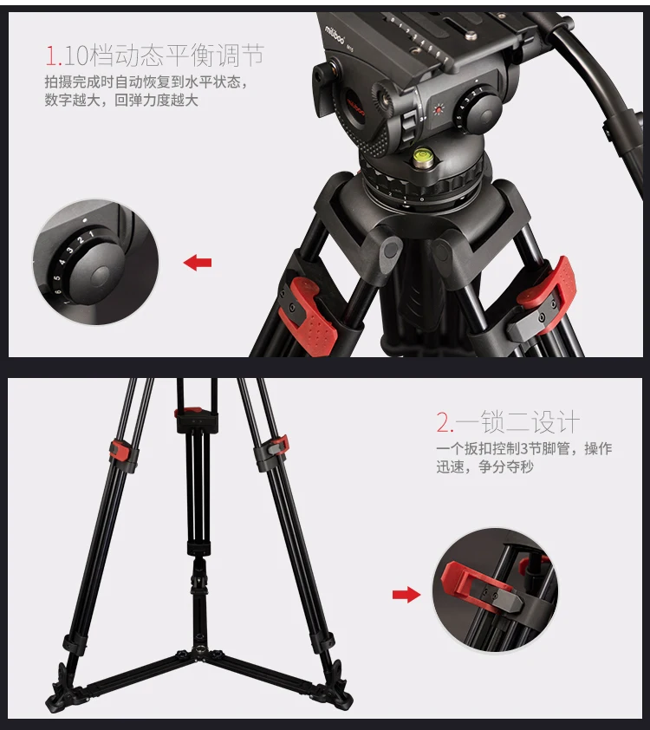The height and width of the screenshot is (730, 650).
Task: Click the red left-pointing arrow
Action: pyautogui.click(x=198, y=262)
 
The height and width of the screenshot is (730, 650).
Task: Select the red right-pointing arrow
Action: pyautogui.click(x=405, y=594)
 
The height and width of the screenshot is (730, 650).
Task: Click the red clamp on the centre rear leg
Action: pyautogui.click(x=191, y=413)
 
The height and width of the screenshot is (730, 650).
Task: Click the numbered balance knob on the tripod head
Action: pyautogui.click(x=475, y=111)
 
